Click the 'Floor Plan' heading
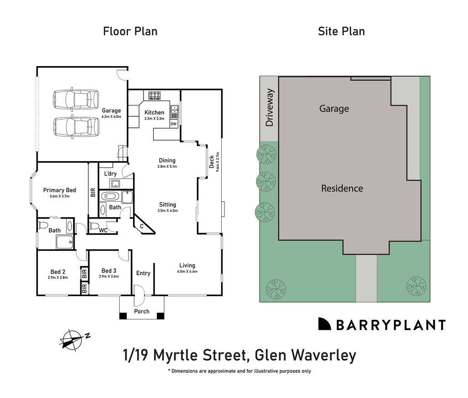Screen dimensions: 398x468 [130, 31]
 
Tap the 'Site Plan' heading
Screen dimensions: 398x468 [341, 31]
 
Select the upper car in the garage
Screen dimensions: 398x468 [76, 99]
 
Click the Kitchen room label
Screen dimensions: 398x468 [154, 113]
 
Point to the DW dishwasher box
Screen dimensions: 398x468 [174, 124]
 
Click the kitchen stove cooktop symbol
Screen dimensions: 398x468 [154, 95]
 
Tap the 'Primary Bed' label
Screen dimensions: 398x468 [59, 190]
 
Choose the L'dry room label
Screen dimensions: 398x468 [111, 174]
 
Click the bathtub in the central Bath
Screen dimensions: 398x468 [112, 197]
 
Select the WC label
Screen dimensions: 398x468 [103, 230]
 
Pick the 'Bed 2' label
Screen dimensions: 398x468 [58, 271]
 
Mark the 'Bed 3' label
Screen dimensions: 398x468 [109, 270]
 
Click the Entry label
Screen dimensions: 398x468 [143, 273]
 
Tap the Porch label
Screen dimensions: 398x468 [141, 312]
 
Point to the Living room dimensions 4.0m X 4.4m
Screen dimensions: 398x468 [187, 272]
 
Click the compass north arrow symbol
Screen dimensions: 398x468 [73, 339]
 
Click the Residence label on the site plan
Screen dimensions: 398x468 [342, 188]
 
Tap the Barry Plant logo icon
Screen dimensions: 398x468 [324, 324]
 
